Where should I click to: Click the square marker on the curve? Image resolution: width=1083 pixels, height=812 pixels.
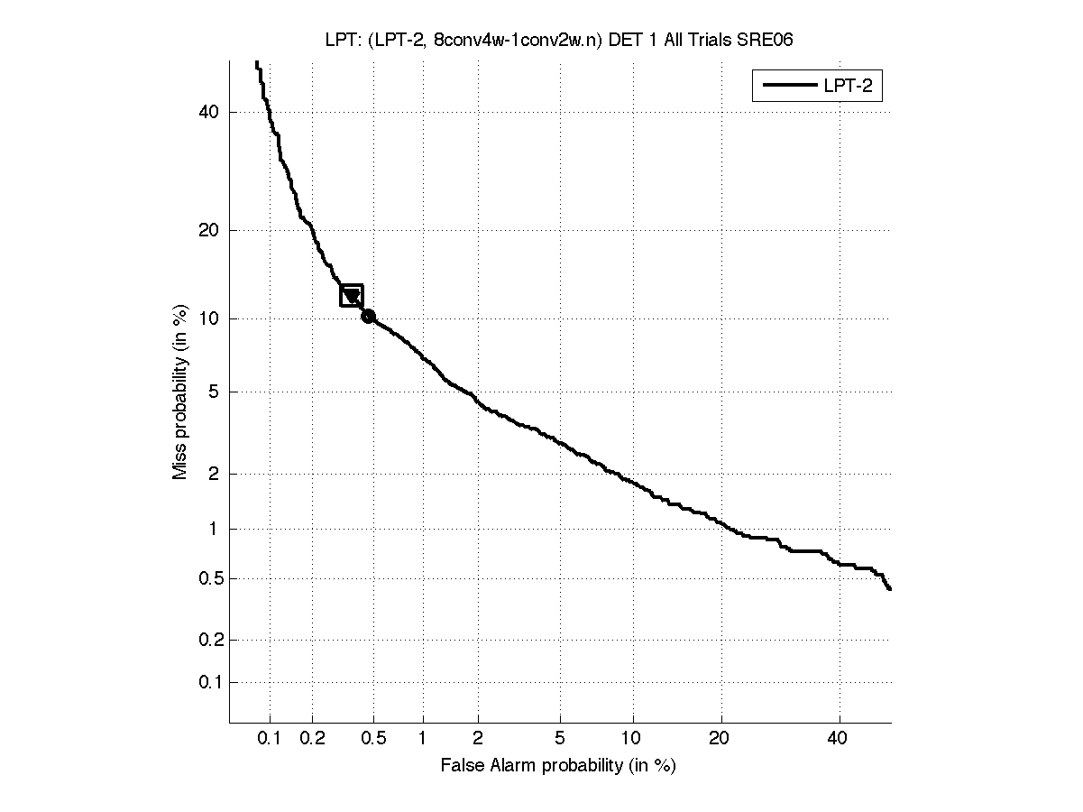352,295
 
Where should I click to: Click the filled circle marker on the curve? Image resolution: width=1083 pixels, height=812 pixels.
368,316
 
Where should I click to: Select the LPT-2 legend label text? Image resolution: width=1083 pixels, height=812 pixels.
850,87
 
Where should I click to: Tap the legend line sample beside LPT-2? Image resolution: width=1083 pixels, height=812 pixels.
788,87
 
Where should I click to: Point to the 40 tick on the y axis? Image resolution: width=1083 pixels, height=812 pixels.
209,112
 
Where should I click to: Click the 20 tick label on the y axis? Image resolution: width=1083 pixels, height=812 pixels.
209,230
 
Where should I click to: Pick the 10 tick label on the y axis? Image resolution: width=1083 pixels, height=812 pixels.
209,318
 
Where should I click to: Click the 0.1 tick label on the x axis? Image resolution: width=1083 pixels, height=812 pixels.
270,739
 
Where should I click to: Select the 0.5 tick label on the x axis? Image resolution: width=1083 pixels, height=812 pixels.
373,739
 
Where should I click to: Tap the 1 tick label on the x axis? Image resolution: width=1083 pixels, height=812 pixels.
423,739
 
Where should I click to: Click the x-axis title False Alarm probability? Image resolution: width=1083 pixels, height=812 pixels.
558,766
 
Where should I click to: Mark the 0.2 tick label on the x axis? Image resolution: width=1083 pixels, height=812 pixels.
312,739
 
